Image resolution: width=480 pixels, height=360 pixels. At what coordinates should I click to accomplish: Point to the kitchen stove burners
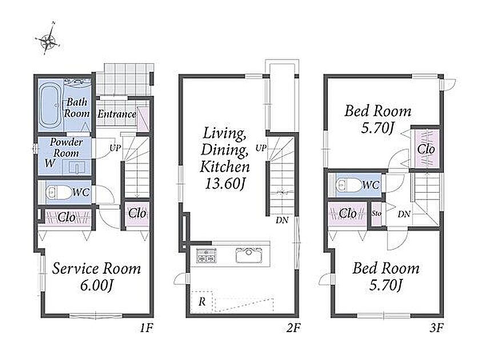point(206,255)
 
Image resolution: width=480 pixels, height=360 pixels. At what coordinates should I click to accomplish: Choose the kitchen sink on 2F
point(249,255)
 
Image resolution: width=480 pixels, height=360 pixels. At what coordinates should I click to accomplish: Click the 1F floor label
point(146,328)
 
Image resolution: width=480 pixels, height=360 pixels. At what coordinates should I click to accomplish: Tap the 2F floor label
point(293,328)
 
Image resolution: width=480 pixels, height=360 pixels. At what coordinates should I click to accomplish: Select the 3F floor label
point(437,328)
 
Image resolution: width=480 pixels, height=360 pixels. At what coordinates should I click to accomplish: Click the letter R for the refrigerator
point(202,302)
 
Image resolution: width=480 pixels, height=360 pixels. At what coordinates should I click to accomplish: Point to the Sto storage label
point(377,213)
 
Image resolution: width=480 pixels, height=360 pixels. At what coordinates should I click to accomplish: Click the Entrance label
point(117,114)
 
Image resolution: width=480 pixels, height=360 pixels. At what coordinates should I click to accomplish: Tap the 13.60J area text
point(225,184)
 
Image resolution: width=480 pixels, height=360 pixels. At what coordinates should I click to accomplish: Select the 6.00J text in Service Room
point(97,285)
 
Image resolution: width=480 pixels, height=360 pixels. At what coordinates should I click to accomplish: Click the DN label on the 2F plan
point(282,220)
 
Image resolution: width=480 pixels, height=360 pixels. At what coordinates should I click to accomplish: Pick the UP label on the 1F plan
point(115,148)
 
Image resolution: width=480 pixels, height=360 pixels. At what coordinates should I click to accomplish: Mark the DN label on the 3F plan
point(404,214)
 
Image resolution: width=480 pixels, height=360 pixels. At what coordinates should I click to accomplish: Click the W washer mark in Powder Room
point(50,163)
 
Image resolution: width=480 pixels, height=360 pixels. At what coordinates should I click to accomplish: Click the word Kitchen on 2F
point(225,167)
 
